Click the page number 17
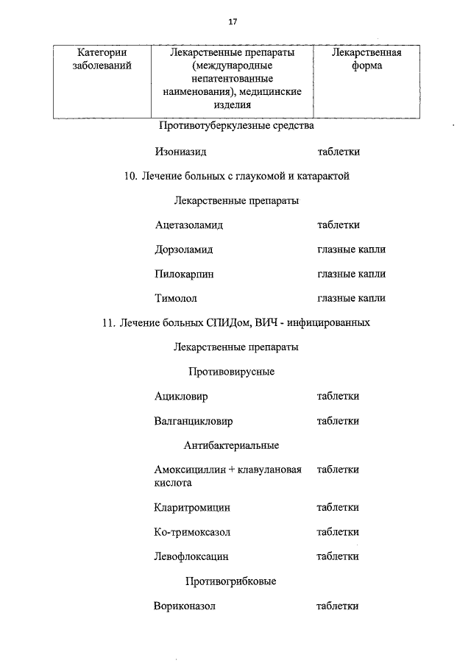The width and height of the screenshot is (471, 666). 233,22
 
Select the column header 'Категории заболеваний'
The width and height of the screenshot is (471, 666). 102,60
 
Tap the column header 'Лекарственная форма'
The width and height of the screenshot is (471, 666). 366,60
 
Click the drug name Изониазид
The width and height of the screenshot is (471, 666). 180,152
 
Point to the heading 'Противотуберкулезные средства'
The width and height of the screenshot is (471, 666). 236,126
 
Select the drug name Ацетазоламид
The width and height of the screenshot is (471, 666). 189,224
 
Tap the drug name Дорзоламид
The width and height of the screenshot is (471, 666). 184,249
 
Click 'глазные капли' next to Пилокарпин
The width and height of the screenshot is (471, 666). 351,274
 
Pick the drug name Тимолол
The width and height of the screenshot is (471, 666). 176,298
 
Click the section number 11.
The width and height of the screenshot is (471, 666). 110,322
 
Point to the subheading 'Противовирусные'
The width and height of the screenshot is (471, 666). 231,372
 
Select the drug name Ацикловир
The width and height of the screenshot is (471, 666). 181,396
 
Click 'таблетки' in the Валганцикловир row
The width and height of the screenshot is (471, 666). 338,421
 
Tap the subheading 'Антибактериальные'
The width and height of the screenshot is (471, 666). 231,445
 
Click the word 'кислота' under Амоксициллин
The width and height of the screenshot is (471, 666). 173,483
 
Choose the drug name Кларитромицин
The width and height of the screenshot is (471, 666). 192,507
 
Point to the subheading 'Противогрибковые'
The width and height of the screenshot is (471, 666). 231,581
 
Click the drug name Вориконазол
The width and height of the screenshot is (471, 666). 185,606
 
